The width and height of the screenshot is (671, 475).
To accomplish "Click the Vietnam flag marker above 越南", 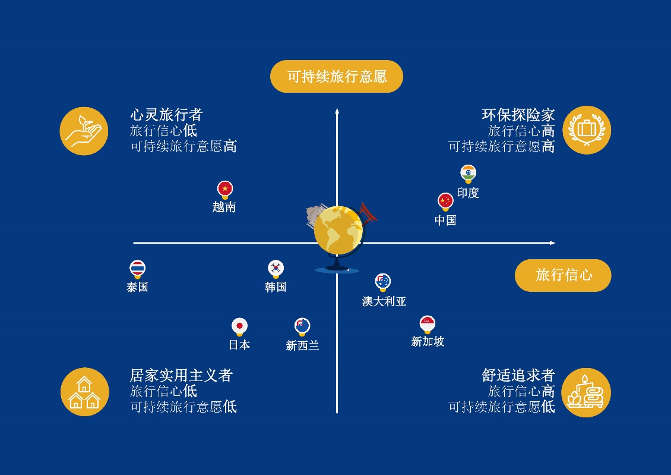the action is point(225,189).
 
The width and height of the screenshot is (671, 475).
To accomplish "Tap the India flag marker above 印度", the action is point(468,174).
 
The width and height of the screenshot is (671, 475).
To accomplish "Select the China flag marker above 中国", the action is point(445,202).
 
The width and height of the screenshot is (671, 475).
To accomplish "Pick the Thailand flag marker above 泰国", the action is point(137,269).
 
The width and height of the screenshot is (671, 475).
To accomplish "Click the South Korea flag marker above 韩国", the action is point(276,269).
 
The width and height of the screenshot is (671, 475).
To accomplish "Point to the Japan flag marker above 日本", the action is point(240,327).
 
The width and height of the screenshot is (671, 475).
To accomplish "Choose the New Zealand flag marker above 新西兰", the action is point(302,327).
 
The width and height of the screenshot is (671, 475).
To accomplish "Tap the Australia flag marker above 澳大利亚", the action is point(383,282).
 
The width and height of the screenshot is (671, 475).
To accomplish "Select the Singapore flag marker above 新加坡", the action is point(428,324).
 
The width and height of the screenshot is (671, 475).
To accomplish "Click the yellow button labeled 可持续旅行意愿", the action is point(337,76).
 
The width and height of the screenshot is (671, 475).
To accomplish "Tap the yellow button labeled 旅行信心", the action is point(563,275).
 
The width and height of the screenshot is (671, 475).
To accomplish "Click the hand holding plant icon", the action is point(84,131).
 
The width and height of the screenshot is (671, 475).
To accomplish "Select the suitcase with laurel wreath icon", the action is point(587,130).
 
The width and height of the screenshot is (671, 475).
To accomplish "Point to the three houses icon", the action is point(85,392).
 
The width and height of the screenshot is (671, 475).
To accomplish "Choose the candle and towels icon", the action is point(586,392).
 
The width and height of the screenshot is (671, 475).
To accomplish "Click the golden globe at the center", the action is point(338,231).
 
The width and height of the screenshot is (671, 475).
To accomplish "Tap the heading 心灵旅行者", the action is point(166,115).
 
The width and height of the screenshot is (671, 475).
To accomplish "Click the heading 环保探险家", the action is point(518,115).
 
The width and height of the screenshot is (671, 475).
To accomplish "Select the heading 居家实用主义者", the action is point(181,375).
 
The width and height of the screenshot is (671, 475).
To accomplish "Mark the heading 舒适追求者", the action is point(518,375).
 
